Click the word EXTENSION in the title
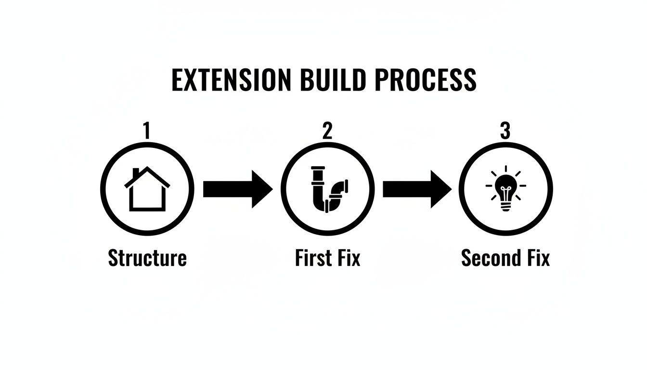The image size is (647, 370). [x=231, y=80]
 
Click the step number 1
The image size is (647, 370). [x=147, y=131]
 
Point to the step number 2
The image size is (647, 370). [x=327, y=131]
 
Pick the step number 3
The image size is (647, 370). [x=505, y=131]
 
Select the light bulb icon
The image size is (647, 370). [x=505, y=189]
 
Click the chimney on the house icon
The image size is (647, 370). [x=136, y=172]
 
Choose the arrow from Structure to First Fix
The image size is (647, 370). [x=237, y=189]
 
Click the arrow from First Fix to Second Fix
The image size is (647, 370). [x=417, y=189]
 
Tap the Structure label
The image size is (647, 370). [x=147, y=258]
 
